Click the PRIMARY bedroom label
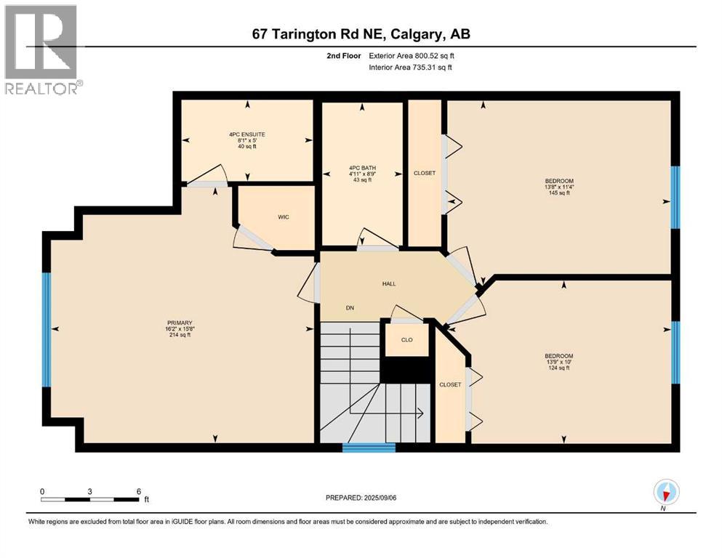point(178,323)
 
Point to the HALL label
point(389,283)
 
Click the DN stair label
point(350,308)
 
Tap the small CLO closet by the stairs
point(407,339)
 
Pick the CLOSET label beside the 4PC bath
point(425,173)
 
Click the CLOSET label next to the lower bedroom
point(450,384)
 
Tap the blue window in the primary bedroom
point(47,329)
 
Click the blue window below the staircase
point(369,448)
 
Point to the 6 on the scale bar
point(137,491)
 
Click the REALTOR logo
point(41,50)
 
